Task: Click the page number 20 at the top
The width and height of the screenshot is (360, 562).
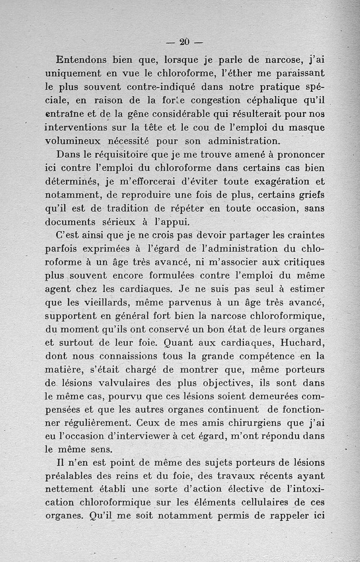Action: (x=184, y=42)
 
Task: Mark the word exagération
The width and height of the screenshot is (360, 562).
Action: (x=277, y=182)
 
